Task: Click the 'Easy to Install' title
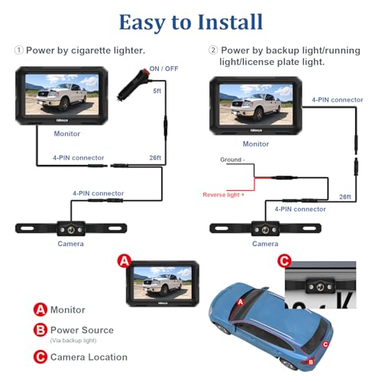click(190, 21)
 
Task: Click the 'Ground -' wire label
click(232, 161)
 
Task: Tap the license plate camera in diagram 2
click(264, 228)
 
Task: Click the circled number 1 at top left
click(19, 50)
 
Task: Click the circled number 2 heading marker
click(213, 50)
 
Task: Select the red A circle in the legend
click(40, 310)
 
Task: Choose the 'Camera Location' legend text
click(88, 357)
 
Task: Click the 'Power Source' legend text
click(82, 330)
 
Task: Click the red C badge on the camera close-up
click(284, 261)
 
